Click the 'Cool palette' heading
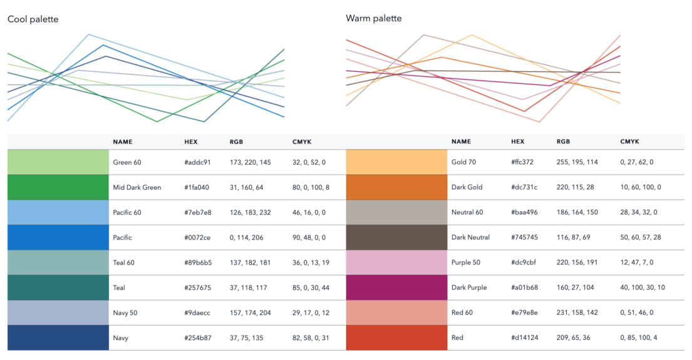tap(33, 19)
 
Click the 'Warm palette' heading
tap(374, 19)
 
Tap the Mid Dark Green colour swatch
tap(58, 187)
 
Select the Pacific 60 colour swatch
tap(58, 212)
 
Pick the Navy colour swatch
tap(58, 338)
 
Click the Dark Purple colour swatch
tap(397, 287)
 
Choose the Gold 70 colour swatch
tap(397, 162)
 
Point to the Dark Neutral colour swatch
tap(397, 237)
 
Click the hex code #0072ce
tap(197, 237)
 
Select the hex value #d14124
tap(525, 337)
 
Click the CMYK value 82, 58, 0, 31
tap(311, 338)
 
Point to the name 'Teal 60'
tap(123, 262)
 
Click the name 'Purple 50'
tap(465, 262)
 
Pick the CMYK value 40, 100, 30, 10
tap(643, 287)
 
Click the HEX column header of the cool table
tap(191, 142)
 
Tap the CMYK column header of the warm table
tap(630, 141)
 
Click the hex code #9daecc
tap(197, 313)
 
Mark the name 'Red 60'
tap(462, 312)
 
